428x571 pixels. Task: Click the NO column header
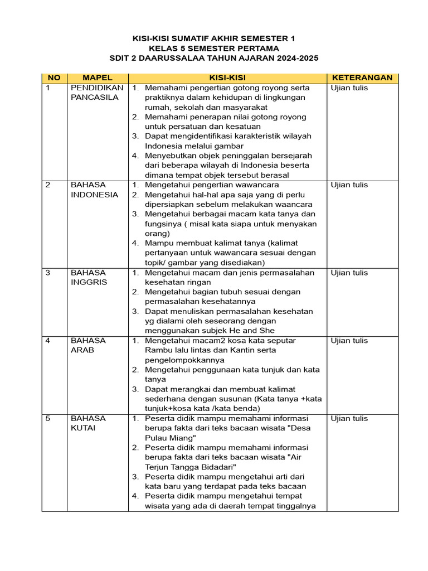[x=54, y=78]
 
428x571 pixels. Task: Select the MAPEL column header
[x=98, y=78]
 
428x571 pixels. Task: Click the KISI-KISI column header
[x=227, y=78]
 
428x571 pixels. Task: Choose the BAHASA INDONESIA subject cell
[x=95, y=190]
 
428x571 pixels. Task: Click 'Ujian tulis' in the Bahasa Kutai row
[x=349, y=418]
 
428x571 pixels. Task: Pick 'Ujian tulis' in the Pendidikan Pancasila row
[x=349, y=88]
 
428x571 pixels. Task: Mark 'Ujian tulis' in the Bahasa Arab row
[x=349, y=340]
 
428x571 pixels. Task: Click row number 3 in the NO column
[x=48, y=273]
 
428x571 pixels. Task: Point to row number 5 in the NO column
[x=48, y=418]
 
